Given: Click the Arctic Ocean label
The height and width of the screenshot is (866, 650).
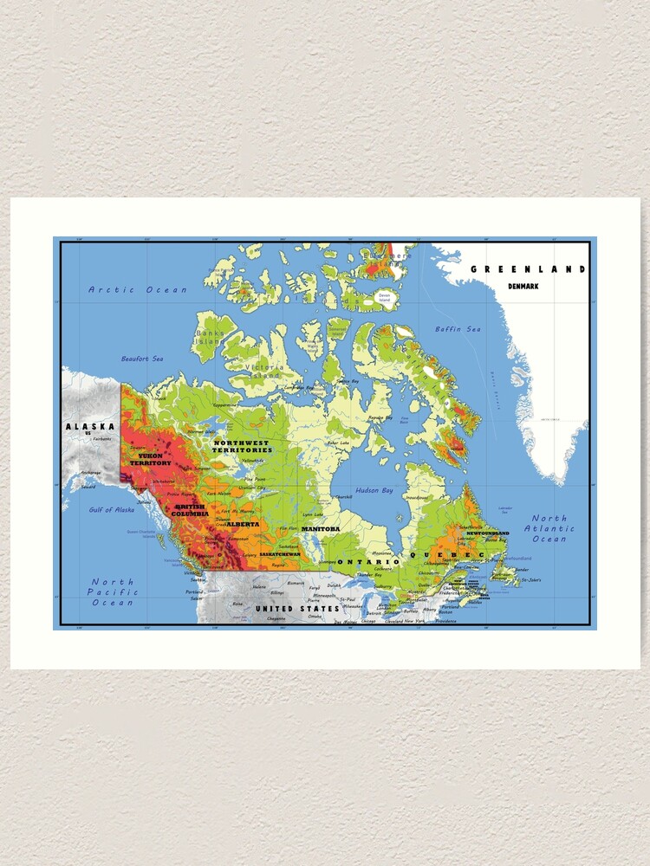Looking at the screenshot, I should coord(137,290).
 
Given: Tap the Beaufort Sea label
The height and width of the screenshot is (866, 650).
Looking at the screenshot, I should coord(141,359).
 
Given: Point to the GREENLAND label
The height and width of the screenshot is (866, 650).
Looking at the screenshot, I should coord(528,269).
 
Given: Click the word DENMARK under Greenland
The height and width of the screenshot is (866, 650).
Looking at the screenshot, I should coord(523,285).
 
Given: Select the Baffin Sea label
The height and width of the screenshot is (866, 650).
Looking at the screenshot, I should coord(458,329).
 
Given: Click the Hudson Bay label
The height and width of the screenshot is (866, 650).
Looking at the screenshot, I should coord(375,490).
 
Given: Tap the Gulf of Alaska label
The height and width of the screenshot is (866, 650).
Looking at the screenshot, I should coord(112,510).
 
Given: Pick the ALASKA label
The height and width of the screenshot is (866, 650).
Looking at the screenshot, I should coord(90,427).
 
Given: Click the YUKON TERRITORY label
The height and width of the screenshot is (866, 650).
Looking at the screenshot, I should coord(151,459).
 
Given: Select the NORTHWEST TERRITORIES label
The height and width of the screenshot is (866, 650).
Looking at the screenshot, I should coord(242,447).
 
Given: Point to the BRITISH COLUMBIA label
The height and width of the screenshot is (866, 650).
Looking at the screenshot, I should coord(190,510).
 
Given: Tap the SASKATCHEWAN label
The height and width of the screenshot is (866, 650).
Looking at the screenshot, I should coord(279,553).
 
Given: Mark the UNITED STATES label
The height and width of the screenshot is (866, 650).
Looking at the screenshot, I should coord(297,609).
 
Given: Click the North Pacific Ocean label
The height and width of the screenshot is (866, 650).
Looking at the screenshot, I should coord(113,592).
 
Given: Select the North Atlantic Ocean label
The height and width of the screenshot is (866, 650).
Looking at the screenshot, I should coord(549,528).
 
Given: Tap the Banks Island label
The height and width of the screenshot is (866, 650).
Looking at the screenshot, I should coord(211,337).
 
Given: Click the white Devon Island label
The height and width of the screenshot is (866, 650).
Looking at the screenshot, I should coord(384,297).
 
